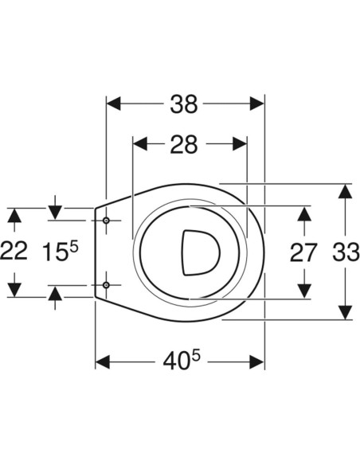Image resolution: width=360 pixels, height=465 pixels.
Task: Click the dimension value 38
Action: tap(183, 104)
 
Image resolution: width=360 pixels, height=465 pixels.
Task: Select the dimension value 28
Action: tap(183, 144)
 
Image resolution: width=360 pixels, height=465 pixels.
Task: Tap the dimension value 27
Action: tap(303, 252)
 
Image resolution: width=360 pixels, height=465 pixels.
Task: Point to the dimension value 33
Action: tap(346, 252)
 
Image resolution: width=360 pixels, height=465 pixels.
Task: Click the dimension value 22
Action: tap(14, 252)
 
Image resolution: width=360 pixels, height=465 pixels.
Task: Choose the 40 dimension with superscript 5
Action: tap(182, 360)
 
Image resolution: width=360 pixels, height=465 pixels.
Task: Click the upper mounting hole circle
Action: tap(106, 221)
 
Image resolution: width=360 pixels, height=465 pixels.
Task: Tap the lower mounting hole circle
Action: tap(106, 285)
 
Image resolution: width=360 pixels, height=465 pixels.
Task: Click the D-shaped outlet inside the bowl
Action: tap(201, 252)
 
